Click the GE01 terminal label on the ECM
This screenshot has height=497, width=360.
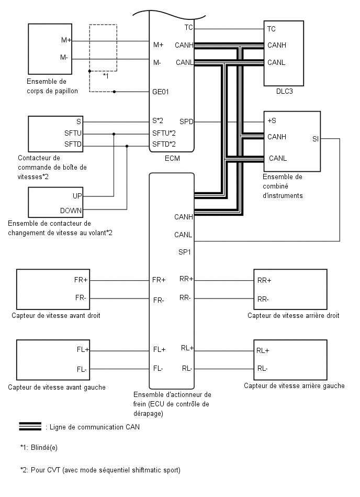(161, 92)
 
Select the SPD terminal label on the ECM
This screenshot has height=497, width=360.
(186, 122)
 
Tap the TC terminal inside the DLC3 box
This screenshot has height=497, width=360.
(272, 29)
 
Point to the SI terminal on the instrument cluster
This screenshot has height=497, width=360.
(316, 139)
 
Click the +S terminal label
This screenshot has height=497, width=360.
(272, 121)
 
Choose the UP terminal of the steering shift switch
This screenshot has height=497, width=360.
(77, 196)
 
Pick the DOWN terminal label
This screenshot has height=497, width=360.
(71, 211)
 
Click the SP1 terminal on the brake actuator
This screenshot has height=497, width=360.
(185, 252)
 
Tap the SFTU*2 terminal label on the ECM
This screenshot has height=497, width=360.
(164, 133)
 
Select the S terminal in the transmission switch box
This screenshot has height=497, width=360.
(79, 122)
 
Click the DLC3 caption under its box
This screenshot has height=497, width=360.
(284, 92)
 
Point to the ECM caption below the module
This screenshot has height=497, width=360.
(172, 159)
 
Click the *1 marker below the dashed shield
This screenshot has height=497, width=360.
(106, 76)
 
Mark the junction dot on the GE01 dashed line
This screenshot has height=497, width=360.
(114, 92)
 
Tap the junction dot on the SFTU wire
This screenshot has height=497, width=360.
(114, 134)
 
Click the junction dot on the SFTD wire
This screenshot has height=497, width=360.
(127, 146)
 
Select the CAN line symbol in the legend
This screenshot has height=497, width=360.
(30, 426)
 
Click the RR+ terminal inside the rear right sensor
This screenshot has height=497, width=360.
(264, 281)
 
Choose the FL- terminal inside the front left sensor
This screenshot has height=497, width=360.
(82, 370)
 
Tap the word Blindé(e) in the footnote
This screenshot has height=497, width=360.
(44, 448)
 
